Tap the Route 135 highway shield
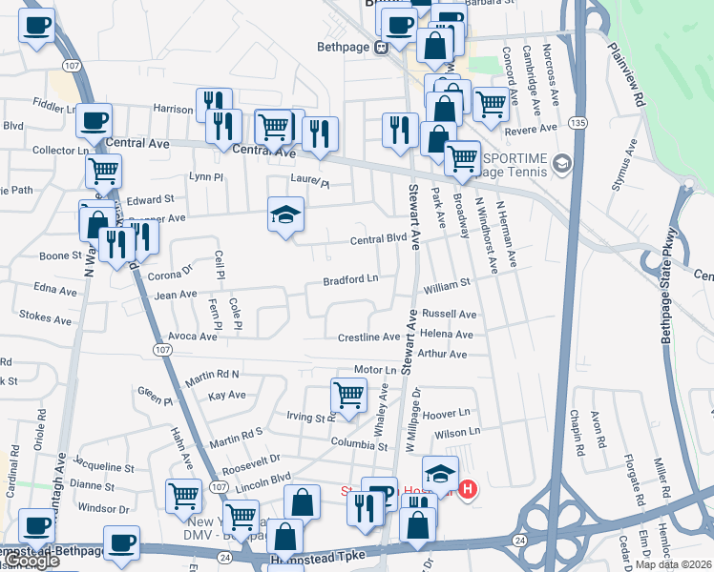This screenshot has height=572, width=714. click(x=577, y=123)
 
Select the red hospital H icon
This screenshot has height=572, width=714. click(x=468, y=490)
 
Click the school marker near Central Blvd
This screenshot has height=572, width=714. click(x=284, y=217)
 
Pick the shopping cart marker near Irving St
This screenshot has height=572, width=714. click(x=348, y=395)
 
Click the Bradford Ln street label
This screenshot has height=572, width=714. click(x=350, y=280)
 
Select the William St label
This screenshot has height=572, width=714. click(x=448, y=284)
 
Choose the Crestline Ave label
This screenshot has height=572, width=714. click(x=369, y=337)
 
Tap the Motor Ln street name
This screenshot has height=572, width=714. click(x=374, y=370)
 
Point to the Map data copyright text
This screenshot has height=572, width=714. click(x=674, y=564)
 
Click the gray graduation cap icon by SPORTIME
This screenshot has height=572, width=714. click(x=561, y=164)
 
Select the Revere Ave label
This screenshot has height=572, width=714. click(x=530, y=129)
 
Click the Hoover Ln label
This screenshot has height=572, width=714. click(x=449, y=414)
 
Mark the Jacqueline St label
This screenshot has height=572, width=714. click(x=103, y=467)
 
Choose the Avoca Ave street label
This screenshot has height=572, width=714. click(x=193, y=337)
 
